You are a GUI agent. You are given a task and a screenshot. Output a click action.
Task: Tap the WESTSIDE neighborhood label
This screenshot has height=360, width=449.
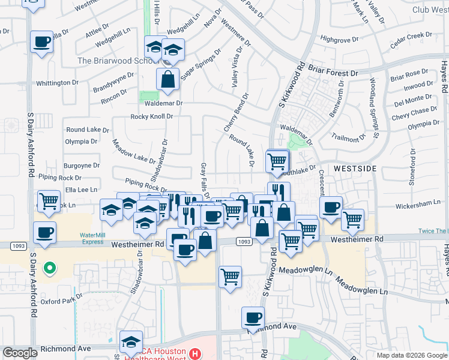pos(355,169)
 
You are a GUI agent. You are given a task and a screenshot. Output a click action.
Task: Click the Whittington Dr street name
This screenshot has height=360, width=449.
pos(58,83)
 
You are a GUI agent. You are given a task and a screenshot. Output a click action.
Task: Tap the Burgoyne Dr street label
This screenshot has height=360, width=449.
pos(82,165)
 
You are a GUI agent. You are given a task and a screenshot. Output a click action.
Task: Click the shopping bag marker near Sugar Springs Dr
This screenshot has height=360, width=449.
pos(168,79)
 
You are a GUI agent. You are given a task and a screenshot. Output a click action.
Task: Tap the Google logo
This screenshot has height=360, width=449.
pos(20,353)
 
